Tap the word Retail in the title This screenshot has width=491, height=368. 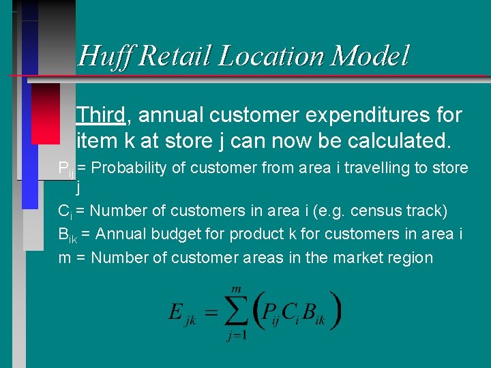[x=175, y=56]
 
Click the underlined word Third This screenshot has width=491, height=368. [x=101, y=115]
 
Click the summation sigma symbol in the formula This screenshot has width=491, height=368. [x=236, y=312]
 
